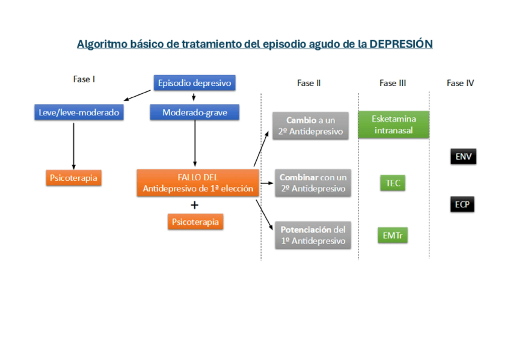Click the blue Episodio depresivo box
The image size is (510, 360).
tap(194, 83)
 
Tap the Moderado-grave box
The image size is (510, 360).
tap(194, 112)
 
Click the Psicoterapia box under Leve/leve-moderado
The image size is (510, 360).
tap(73, 178)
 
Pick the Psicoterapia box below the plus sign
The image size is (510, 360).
tap(195, 222)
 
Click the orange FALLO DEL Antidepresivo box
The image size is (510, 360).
tap(197, 183)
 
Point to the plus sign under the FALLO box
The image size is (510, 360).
tap(194, 205)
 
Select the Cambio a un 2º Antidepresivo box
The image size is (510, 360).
tap(310, 126)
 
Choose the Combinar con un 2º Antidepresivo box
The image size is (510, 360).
tap(313, 183)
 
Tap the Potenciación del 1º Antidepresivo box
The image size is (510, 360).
tap(313, 235)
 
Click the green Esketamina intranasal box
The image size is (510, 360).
tap(393, 124)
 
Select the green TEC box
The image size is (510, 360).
tap(393, 183)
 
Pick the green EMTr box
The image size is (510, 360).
tap(393, 236)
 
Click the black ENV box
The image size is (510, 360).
tap(463, 157)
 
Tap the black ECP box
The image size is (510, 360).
tap(462, 204)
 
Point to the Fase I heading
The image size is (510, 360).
tap(84, 79)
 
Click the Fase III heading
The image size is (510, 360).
tap(393, 83)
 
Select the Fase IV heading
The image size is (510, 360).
tap(460, 83)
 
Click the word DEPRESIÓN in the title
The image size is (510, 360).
tap(401, 44)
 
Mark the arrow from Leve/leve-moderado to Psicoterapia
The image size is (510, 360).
tap(73, 145)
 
